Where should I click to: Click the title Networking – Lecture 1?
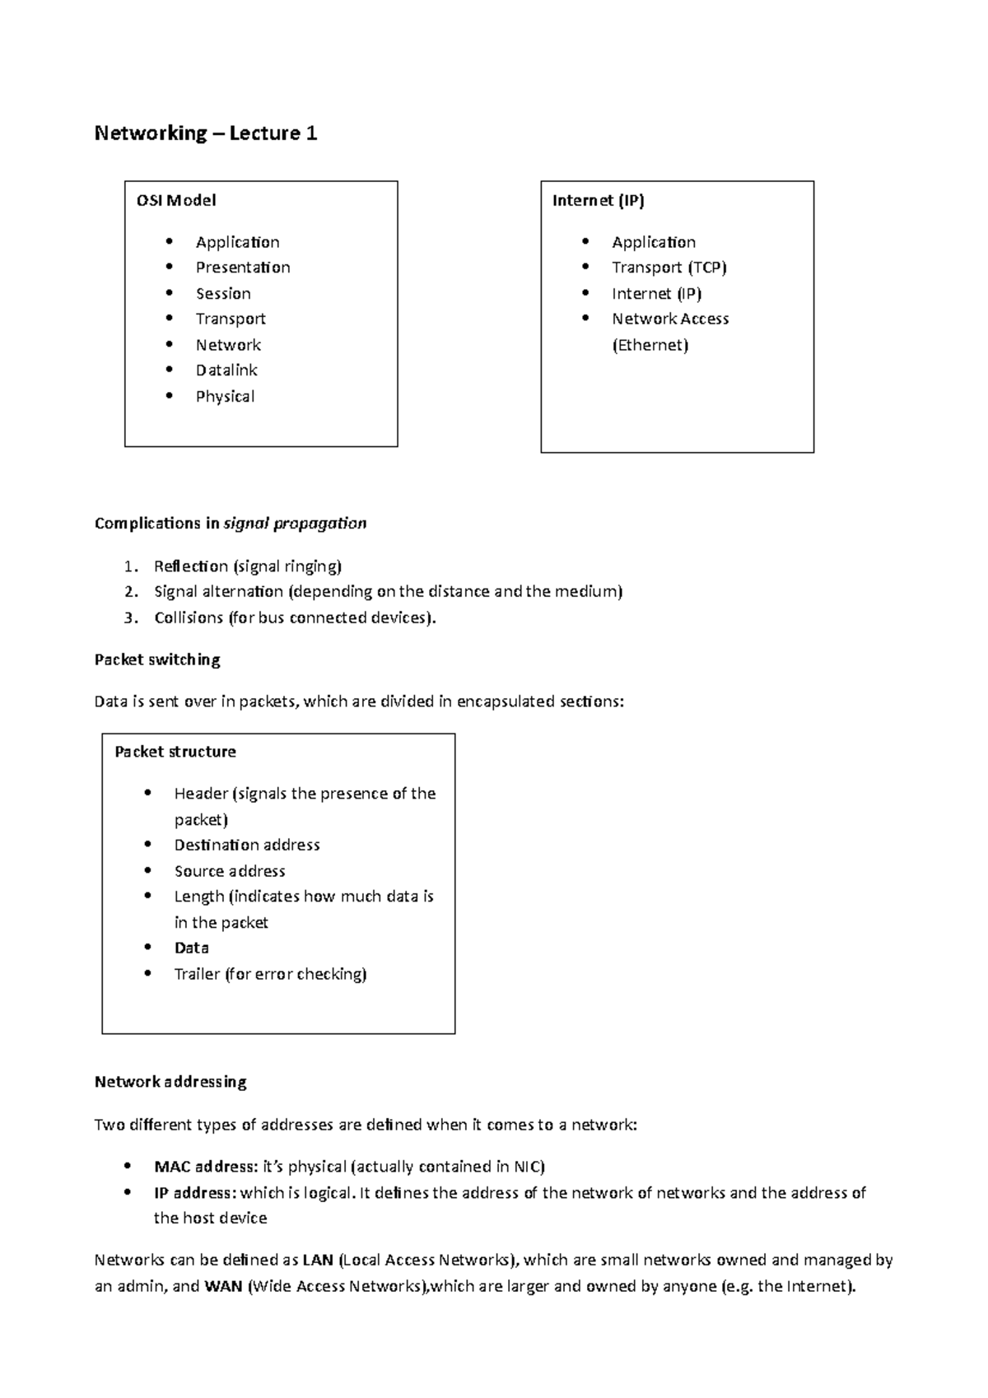[x=206, y=133]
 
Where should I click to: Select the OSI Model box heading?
[x=176, y=200]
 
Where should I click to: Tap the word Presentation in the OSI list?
[x=243, y=268]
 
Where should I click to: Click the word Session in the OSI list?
[x=223, y=294]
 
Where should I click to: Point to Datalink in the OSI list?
[x=226, y=370]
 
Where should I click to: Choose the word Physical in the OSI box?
[x=225, y=397]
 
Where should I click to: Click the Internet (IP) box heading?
[x=598, y=200]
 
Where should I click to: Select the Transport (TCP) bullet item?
[x=669, y=268]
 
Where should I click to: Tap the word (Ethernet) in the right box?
[x=650, y=345]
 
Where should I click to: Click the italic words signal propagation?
[x=295, y=524]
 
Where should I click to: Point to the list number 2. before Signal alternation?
[x=131, y=592]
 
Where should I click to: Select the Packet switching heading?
[x=157, y=660]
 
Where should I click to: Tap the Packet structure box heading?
[x=175, y=752]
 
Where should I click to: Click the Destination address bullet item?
[x=247, y=846]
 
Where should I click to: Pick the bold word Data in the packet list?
[x=191, y=948]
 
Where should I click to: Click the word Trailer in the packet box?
[x=197, y=975]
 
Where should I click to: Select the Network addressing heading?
[x=170, y=1083]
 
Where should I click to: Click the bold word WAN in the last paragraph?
[x=223, y=1287]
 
